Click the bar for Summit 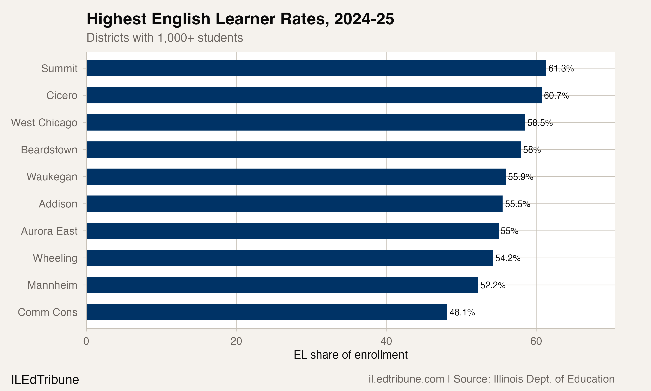tap(316, 68)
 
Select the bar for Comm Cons tap(266, 312)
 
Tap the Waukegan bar tap(296, 177)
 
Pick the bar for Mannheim tap(282, 285)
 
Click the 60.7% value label tap(556, 96)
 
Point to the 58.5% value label tap(540, 123)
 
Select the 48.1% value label tap(462, 313)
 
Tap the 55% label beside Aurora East tap(509, 231)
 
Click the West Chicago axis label tap(44, 123)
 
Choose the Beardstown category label tap(49, 150)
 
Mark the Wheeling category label tap(55, 258)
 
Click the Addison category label tap(58, 204)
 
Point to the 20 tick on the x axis tap(236, 341)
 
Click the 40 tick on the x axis tap(386, 341)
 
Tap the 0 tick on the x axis tap(86, 341)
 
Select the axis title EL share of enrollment tap(350, 355)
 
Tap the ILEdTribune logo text tap(45, 380)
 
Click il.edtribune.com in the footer tap(406, 379)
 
